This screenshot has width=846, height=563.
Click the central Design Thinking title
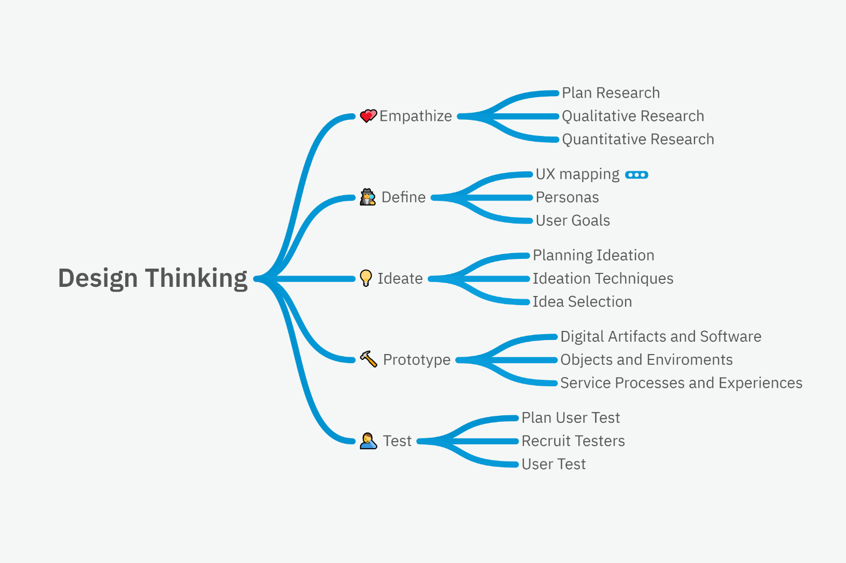(153, 278)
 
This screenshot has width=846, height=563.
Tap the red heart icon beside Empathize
(368, 116)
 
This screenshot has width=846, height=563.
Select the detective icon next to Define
(368, 197)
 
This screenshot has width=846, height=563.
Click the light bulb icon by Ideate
(366, 278)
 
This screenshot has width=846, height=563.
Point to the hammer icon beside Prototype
(368, 359)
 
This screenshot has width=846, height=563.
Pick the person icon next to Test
(368, 441)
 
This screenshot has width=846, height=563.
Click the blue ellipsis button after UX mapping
(637, 175)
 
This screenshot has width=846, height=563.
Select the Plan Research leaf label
(611, 93)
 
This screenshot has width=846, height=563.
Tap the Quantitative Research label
(638, 139)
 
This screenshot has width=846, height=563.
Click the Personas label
(567, 197)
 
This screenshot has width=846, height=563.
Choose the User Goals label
(572, 220)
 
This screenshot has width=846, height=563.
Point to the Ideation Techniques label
(603, 278)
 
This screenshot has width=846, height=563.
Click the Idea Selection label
(582, 301)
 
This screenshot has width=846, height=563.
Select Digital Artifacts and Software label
(661, 336)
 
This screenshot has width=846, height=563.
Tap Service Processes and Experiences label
(681, 382)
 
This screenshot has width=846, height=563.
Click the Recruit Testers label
(573, 441)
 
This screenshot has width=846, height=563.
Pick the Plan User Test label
(570, 417)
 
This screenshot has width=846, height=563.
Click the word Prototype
(417, 359)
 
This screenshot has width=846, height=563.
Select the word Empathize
(415, 116)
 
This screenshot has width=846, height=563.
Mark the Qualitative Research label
(633, 116)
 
